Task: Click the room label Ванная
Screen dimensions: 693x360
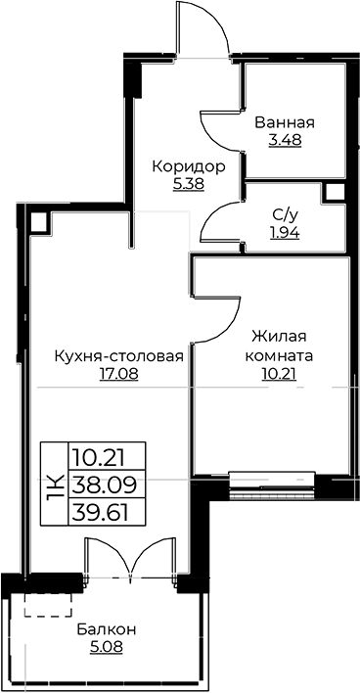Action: [x=284, y=122]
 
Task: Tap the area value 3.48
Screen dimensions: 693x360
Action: [x=284, y=140]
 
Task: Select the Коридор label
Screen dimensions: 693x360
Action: [x=189, y=165]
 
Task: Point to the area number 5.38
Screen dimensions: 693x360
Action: [x=189, y=183]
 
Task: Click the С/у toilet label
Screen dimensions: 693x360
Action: [x=285, y=214]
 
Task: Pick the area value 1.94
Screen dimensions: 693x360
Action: [x=285, y=232]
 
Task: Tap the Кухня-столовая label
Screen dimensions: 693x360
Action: [x=106, y=355]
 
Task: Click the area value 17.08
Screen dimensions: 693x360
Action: [x=106, y=373]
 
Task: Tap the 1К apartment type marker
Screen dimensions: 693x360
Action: [x=55, y=485]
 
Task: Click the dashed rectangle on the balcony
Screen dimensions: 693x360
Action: [x=49, y=603]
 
